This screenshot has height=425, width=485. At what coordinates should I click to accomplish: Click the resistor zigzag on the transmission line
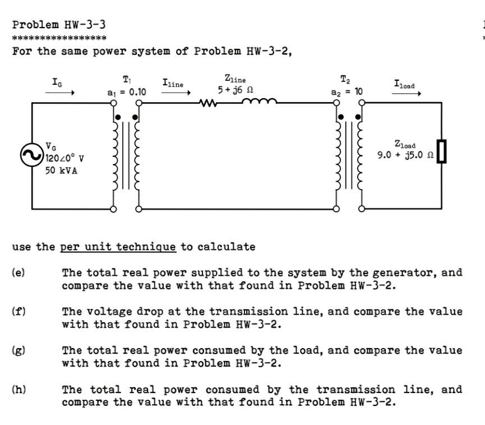(207, 103)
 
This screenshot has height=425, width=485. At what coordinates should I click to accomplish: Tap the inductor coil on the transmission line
(258, 102)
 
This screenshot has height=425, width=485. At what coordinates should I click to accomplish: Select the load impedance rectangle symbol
(441, 152)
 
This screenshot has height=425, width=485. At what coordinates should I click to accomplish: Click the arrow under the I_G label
(59, 94)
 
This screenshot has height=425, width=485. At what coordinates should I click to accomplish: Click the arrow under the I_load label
(406, 94)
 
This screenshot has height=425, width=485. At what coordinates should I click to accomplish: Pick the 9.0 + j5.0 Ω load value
(406, 154)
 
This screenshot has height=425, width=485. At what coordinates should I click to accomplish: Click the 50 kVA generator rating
(62, 170)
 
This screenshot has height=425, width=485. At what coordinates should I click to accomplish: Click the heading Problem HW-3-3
(59, 25)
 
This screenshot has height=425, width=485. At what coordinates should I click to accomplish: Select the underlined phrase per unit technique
(118, 246)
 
